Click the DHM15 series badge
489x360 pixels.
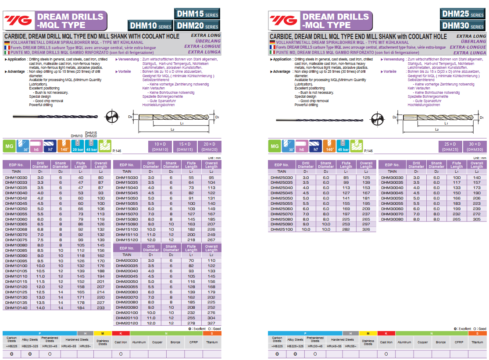pos(197,14)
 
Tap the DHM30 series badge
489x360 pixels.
pos(463,26)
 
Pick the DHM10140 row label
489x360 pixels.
pos(16,308)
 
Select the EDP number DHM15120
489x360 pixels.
pos(127,240)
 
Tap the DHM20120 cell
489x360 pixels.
pos(127,323)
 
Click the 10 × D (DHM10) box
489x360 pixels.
pos(160,146)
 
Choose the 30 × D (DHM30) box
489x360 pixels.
pos(475,146)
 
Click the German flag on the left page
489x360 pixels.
pos(7,42)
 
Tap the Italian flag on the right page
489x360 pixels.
pos(272,52)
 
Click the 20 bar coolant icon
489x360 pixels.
pos(77,146)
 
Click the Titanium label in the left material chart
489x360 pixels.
pos(212,342)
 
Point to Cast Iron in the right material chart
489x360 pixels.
pos(386,342)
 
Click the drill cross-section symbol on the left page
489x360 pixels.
pos(112,117)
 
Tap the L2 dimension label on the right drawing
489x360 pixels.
pos(437,129)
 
